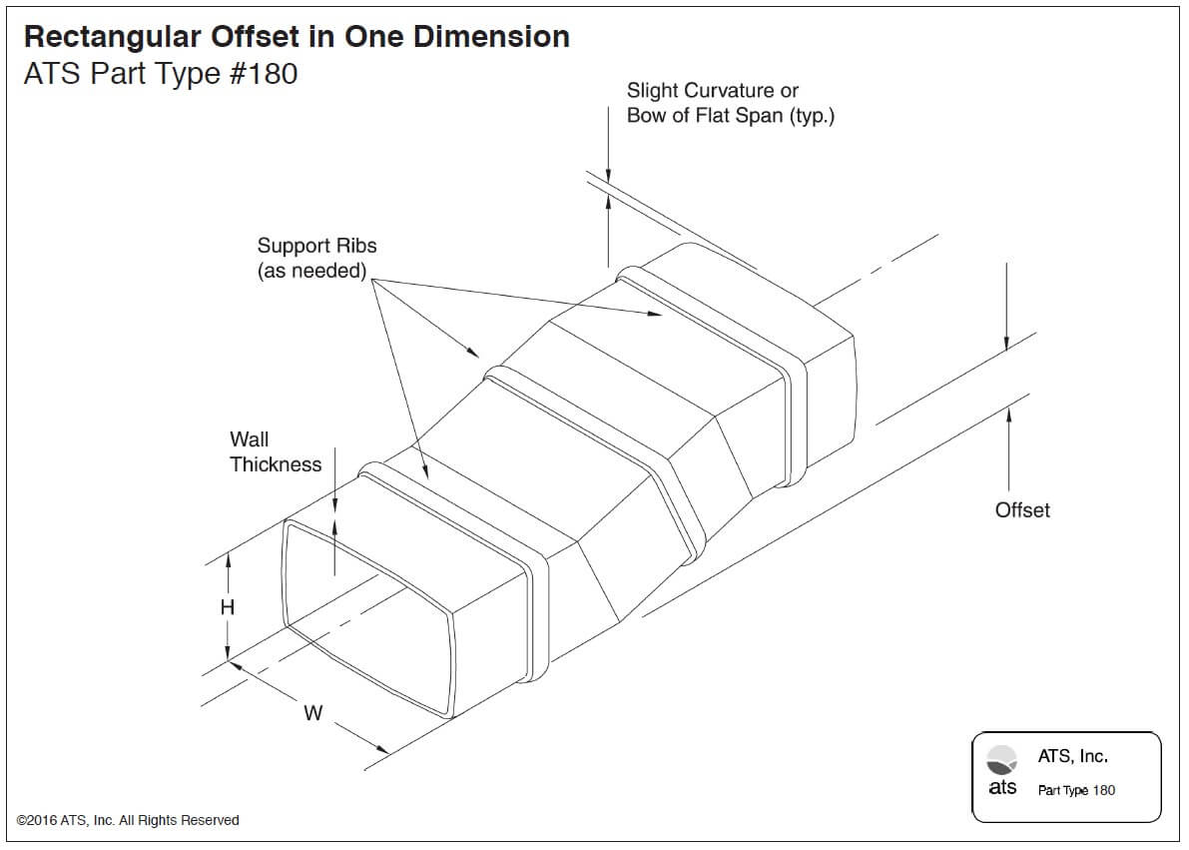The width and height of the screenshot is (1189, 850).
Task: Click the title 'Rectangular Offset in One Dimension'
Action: [297, 37]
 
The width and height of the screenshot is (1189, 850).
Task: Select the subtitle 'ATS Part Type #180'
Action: [160, 74]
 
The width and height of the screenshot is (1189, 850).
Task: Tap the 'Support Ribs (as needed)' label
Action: [316, 258]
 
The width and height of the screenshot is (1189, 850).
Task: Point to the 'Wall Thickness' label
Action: [276, 451]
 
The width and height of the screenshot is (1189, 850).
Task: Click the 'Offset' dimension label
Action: [1022, 510]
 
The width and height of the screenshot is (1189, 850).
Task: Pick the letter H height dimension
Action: [228, 607]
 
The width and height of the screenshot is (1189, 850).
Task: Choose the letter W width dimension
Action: [312, 713]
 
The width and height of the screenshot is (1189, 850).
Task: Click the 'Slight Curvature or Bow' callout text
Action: [730, 103]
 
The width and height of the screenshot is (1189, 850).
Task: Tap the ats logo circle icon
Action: [1001, 760]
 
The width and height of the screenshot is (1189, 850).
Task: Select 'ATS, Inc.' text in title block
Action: [1072, 757]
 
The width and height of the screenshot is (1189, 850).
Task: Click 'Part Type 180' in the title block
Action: [1076, 790]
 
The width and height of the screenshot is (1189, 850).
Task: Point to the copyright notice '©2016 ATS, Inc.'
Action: [128, 820]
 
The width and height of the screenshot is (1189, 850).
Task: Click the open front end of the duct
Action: [369, 614]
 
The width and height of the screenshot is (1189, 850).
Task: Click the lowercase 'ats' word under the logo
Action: [1002, 787]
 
